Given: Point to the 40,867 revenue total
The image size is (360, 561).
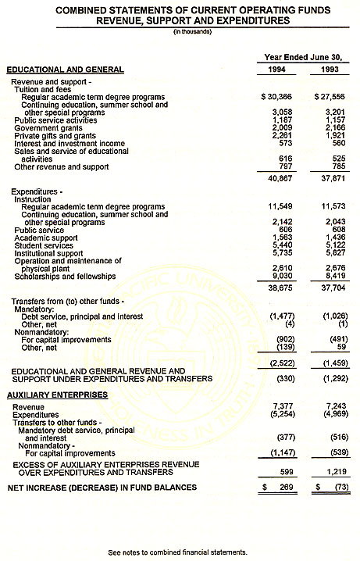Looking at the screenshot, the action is click(x=276, y=177).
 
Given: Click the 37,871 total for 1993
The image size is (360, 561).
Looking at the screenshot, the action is click(x=326, y=177).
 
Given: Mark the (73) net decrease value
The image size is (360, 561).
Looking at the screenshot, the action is click(x=331, y=488).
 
